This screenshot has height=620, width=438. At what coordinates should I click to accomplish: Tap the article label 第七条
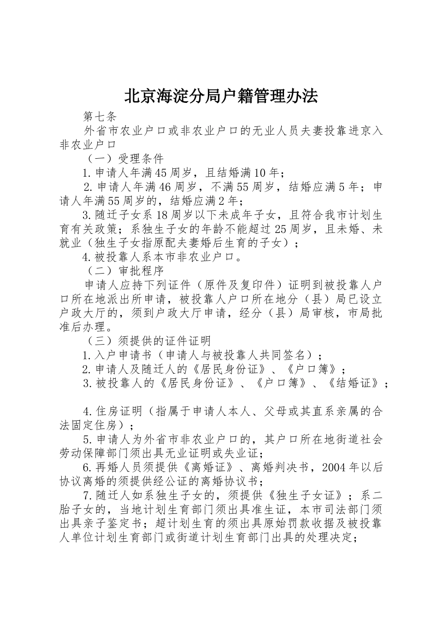(100, 116)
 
